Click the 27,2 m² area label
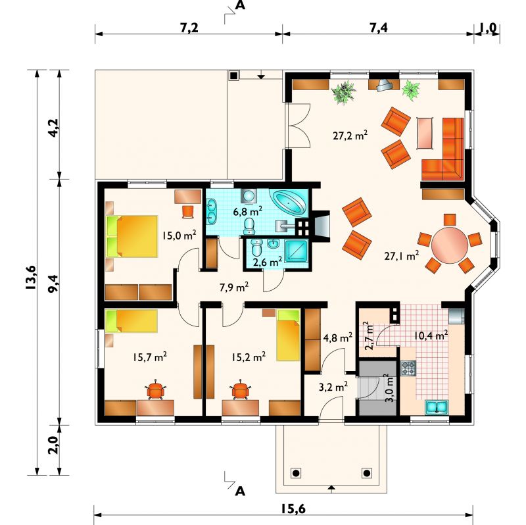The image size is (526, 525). coord(350,136)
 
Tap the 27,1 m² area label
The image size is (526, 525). coord(402,256)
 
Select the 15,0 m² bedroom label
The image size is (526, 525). coord(179,235)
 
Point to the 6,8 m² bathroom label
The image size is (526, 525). coord(248,211)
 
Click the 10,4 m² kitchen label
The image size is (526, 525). coord(431,335)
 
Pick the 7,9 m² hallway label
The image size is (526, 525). coord(234,287)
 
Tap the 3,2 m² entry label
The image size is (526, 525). coord(333,387)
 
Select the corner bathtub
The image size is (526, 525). coord(290,203)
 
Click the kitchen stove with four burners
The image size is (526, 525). coord(408,368)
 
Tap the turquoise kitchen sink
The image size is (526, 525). coord(437,407)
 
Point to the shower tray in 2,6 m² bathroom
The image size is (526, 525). coord(296,251)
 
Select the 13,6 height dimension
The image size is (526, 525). coord(31,277)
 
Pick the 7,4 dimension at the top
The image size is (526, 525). coord(379,28)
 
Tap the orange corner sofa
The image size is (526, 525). coord(442,149)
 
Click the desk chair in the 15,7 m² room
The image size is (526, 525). coord(156,389)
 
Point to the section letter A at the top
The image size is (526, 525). coord(240,6)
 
